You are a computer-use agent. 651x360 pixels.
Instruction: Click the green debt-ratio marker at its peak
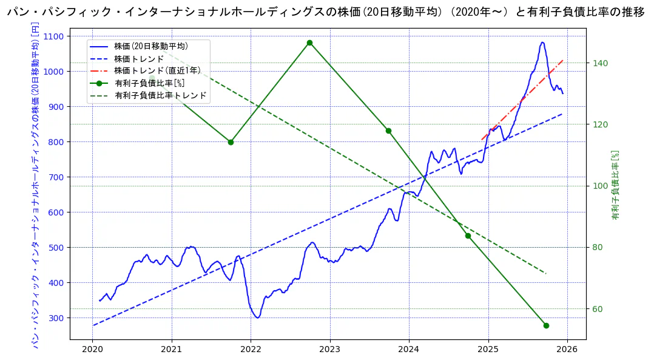[309, 42]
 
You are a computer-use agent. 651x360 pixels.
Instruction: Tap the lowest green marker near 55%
[546, 325]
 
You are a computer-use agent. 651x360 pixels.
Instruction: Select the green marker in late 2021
[231, 142]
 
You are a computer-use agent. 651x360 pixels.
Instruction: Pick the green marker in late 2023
[388, 131]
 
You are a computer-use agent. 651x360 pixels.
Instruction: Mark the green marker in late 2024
[468, 236]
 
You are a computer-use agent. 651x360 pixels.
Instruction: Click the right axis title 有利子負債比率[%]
[615, 185]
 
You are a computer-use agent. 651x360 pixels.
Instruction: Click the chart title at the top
[325, 12]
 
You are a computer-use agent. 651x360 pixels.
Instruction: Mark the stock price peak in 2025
[542, 42]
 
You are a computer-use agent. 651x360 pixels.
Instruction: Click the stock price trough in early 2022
[258, 318]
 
